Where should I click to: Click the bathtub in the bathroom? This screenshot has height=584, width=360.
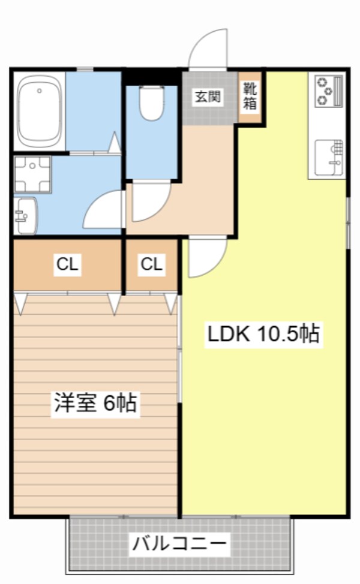pyautogui.click(x=40, y=112)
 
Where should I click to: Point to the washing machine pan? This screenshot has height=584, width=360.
pyautogui.click(x=32, y=174)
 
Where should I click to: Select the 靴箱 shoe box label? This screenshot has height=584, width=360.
pyautogui.click(x=250, y=97)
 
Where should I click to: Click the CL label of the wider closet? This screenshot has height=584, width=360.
pyautogui.click(x=67, y=264)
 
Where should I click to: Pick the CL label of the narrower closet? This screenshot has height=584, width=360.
pyautogui.click(x=152, y=264)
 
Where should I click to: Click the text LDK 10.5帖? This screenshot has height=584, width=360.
pyautogui.click(x=263, y=335)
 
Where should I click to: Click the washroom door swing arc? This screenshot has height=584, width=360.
pyautogui.click(x=104, y=210)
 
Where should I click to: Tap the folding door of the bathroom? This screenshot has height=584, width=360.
pyautogui.click(x=114, y=142)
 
